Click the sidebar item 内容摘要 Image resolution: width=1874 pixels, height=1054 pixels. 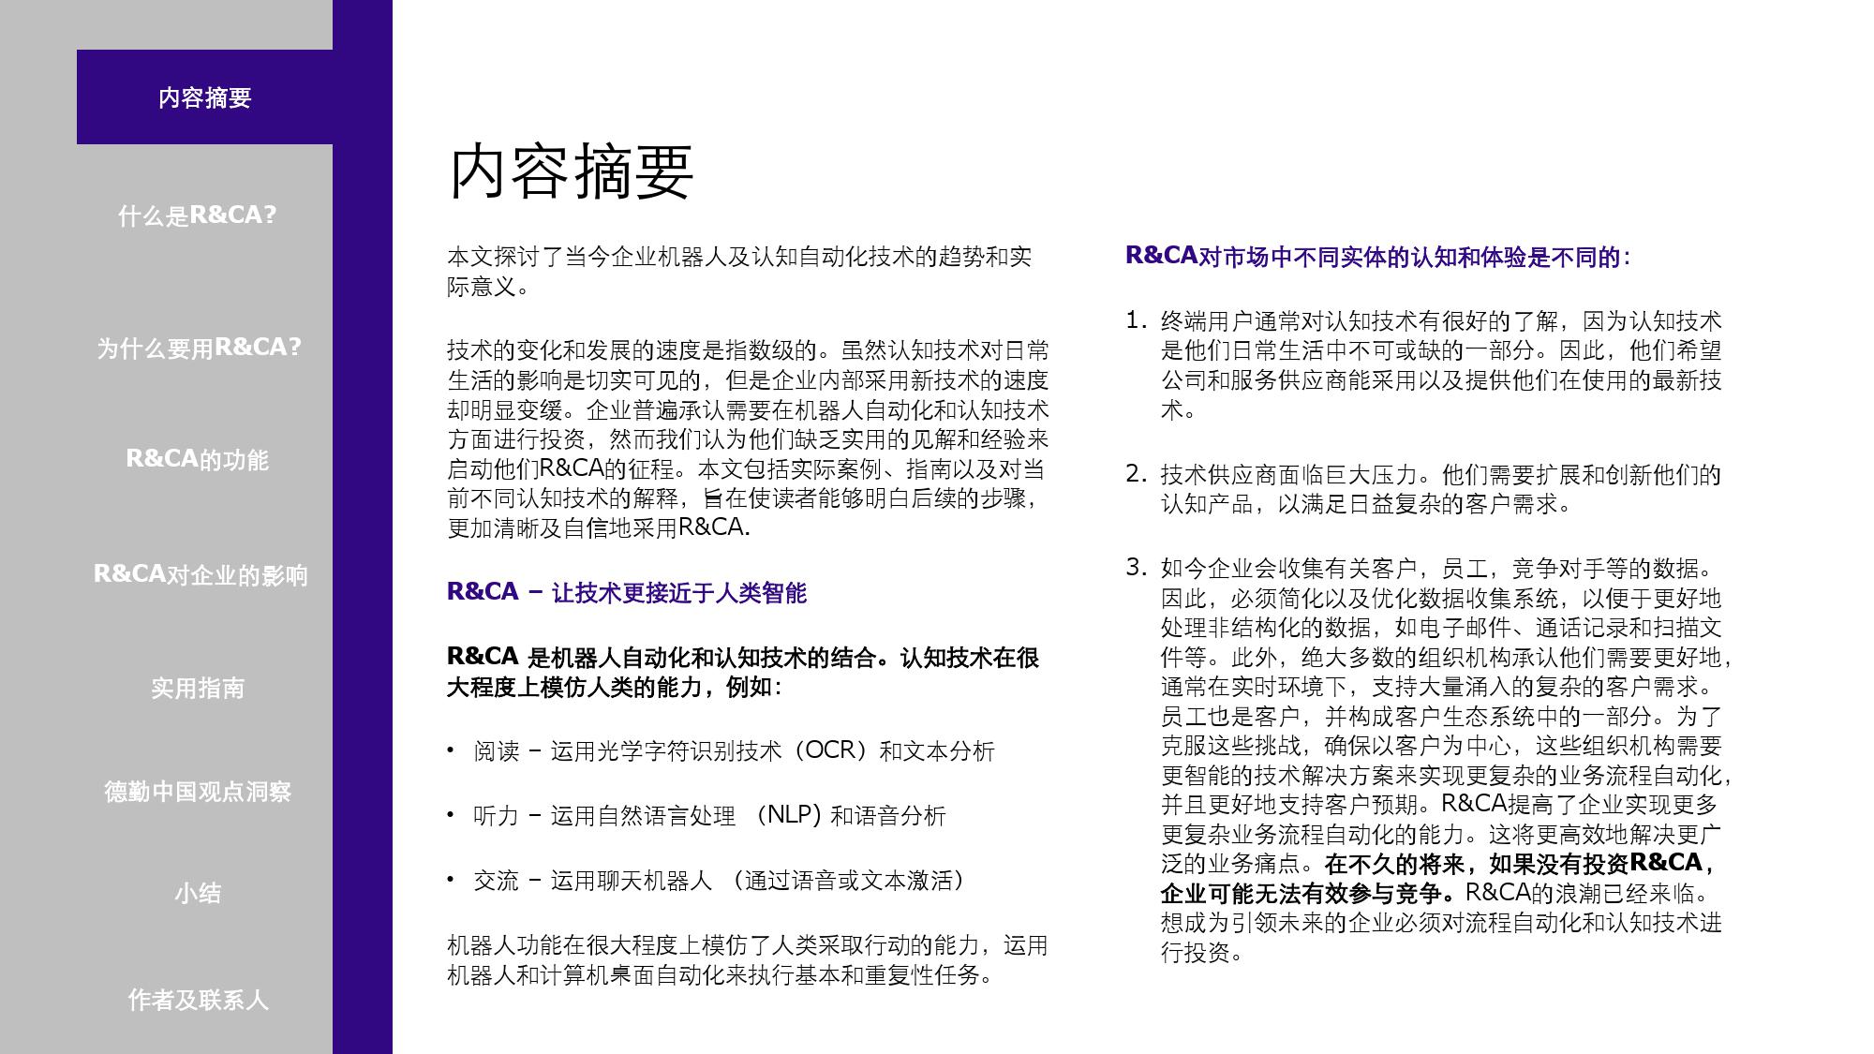click(x=204, y=97)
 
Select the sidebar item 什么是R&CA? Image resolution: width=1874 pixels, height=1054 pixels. click(x=197, y=215)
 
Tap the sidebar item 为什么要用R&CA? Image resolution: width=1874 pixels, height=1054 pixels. click(x=199, y=348)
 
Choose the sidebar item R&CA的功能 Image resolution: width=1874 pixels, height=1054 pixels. click(x=197, y=459)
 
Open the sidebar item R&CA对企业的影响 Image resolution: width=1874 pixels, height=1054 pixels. click(x=200, y=574)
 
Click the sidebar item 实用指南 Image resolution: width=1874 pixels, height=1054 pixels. click(x=197, y=689)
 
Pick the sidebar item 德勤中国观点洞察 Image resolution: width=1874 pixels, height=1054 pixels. click(x=197, y=792)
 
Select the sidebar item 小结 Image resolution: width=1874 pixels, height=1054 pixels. click(x=197, y=893)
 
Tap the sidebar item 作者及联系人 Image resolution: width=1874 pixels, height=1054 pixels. click(x=197, y=1000)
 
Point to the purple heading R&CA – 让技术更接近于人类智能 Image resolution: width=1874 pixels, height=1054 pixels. click(x=626, y=592)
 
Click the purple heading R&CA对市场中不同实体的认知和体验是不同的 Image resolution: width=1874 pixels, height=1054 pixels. click(x=1376, y=256)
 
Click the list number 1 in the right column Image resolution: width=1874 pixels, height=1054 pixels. click(x=1135, y=320)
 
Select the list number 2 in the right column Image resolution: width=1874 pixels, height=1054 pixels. click(x=1135, y=474)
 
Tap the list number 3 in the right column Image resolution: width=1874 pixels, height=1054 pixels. click(x=1135, y=567)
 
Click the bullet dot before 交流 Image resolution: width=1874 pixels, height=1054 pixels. click(x=451, y=879)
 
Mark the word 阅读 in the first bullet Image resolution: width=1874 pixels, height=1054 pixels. click(x=496, y=750)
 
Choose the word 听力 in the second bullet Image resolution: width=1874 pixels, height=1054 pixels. click(x=496, y=815)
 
